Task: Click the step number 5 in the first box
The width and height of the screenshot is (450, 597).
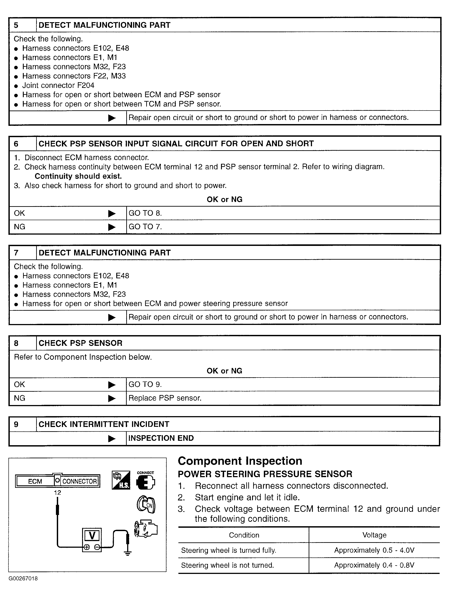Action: coord(16,25)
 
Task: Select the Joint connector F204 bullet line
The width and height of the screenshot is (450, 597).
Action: coord(58,85)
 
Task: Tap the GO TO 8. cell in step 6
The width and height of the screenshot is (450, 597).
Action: coord(145,213)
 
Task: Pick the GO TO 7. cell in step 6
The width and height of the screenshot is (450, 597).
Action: coord(145,227)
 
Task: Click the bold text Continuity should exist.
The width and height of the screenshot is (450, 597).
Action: coord(78,176)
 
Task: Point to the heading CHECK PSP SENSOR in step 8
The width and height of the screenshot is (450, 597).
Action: coord(80,343)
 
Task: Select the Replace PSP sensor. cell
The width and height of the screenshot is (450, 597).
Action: coord(165,398)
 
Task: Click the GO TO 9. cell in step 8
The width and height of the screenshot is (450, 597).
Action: coord(145,384)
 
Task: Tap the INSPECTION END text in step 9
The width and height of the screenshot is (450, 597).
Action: coord(161,438)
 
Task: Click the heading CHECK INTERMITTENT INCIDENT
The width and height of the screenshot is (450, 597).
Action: coord(104,424)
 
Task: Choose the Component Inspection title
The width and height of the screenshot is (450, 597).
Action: coord(240,461)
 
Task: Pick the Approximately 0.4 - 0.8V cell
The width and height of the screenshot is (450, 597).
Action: coord(374,565)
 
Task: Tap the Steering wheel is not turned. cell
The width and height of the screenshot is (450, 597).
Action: coord(227,565)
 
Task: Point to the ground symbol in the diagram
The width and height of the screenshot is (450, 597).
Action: coord(128,553)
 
